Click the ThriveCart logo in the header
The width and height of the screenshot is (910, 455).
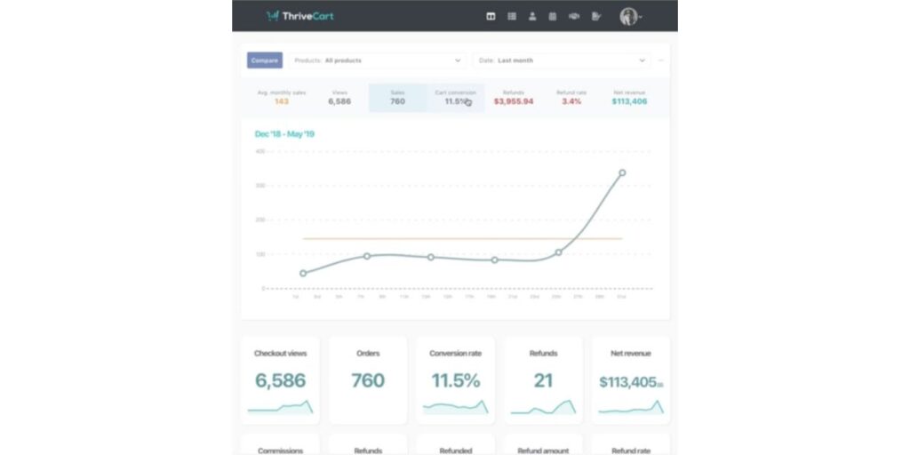pos(300,16)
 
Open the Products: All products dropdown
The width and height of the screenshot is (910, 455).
pos(377,60)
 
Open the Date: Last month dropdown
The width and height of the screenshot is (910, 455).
pos(561,60)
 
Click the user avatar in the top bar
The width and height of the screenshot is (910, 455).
pos(629,16)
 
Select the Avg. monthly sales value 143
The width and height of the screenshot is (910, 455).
pos(281,101)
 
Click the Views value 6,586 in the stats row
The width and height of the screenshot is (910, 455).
pos(339,101)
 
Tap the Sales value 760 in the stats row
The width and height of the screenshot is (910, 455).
pos(397,101)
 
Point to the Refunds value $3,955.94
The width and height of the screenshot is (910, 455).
pos(514,101)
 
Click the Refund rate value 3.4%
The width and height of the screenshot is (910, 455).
pos(571,101)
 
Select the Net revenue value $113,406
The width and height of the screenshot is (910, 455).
pos(629,101)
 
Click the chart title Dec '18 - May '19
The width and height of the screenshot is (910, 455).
pos(284,134)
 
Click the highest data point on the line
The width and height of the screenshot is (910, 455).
pos(622,172)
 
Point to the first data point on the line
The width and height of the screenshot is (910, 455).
pos(303,273)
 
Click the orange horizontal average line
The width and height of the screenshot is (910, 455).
pos(444,238)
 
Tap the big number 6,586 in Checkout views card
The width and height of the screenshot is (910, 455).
pos(280,381)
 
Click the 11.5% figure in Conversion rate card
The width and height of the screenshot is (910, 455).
pos(455,381)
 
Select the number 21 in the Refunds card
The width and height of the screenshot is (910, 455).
pos(543,381)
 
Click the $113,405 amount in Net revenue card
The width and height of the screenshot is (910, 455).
pos(629,382)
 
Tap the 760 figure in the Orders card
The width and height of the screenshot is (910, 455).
pos(368,381)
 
